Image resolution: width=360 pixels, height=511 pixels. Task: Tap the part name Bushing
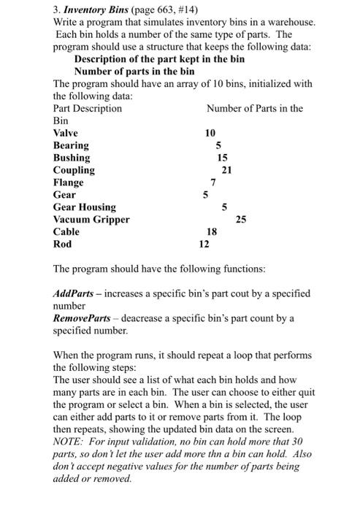coord(72,158)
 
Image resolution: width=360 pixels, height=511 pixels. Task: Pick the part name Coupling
coord(74,170)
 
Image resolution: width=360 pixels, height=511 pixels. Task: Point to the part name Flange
coord(69,182)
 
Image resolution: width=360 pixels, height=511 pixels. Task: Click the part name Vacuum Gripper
coord(91,220)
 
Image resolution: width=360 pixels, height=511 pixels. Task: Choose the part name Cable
coord(66,232)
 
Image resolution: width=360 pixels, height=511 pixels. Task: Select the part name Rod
coord(63,245)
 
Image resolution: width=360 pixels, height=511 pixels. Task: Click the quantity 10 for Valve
coord(210,133)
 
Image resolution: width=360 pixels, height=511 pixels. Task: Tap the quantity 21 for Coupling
coord(226,170)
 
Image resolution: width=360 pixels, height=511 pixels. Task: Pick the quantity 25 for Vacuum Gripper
coord(241,220)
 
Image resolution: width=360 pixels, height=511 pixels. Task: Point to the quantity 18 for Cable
coord(212,232)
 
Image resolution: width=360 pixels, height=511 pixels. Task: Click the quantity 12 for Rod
coord(205,245)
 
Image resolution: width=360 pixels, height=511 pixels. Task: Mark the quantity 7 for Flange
coord(212,182)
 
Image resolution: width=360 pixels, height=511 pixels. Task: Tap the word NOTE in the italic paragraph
coord(69,442)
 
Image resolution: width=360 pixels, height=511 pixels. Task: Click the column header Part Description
coord(88,108)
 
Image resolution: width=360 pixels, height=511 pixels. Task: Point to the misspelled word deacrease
coord(153,318)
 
